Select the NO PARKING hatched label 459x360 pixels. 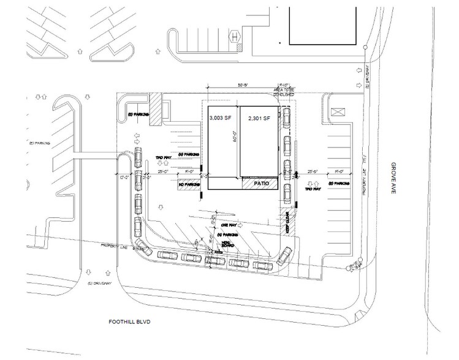(x=189, y=184)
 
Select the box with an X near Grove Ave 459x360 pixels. (x=338, y=113)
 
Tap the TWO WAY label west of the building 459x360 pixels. (x=162, y=157)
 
